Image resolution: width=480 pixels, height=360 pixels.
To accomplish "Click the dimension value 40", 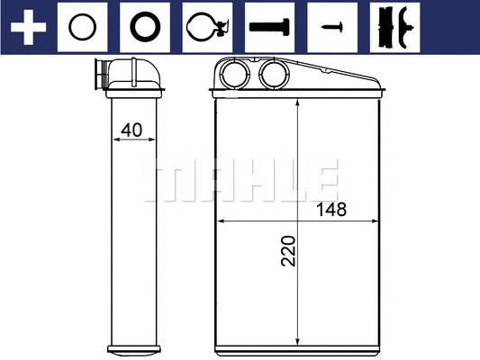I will [x=131, y=130].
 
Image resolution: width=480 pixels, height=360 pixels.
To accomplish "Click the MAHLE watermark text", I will [x=240, y=180].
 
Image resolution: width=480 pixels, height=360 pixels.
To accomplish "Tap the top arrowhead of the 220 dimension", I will [x=297, y=101].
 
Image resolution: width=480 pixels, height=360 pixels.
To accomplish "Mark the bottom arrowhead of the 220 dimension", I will [x=297, y=329].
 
